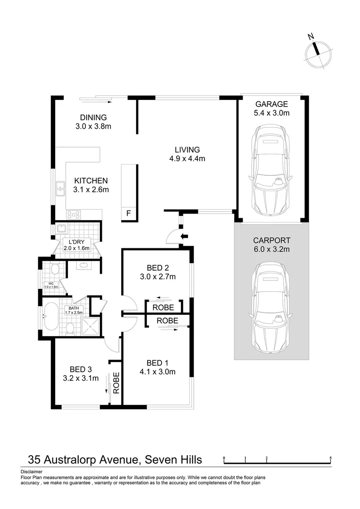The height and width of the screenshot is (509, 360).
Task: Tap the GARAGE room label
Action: (271, 104)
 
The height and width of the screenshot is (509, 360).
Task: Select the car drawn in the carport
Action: (271, 307)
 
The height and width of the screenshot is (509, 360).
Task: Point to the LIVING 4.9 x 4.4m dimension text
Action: (187, 159)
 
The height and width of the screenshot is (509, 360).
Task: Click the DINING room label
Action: (93, 117)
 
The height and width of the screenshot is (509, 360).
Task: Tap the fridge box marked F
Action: (129, 214)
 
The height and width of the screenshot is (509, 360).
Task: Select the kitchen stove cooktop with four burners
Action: (74, 214)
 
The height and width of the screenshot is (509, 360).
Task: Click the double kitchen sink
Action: (61, 189)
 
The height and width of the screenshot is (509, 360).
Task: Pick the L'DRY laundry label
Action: (76, 242)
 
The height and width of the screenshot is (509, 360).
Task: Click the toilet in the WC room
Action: (54, 270)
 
